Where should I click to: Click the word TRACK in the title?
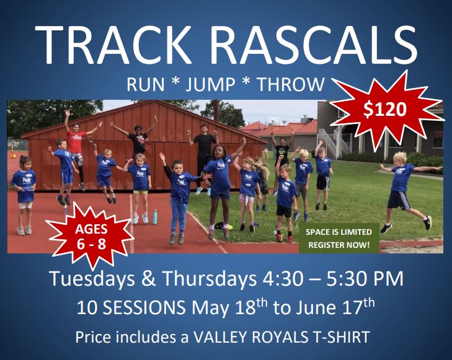(113, 45)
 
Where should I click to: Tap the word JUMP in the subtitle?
(210, 85)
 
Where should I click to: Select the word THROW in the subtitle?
(291, 85)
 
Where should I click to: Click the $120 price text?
(385, 110)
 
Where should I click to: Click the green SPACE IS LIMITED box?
(339, 239)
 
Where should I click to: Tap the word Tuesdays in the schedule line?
(92, 279)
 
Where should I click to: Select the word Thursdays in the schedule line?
(210, 278)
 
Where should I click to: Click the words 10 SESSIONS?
(131, 307)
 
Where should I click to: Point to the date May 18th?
(230, 307)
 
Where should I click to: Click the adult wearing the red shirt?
(76, 150)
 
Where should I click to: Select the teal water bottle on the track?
(155, 217)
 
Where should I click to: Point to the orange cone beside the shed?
(12, 152)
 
